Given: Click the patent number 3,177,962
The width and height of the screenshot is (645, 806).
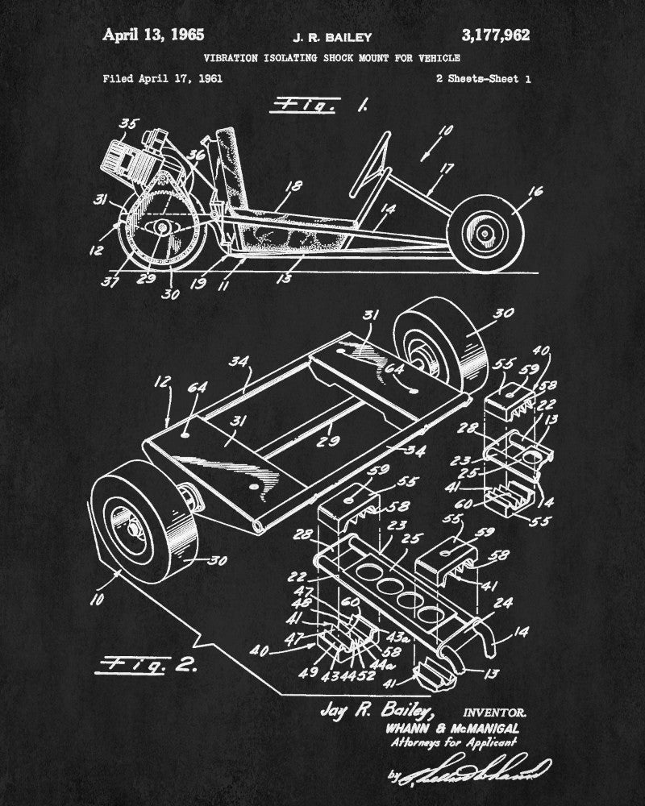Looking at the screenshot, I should (x=495, y=35).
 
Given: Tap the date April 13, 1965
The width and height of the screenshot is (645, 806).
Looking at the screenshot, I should (x=152, y=35).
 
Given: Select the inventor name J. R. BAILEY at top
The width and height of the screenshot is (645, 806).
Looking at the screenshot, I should (x=322, y=36).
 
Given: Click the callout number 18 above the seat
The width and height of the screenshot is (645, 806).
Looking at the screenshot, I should (x=294, y=186).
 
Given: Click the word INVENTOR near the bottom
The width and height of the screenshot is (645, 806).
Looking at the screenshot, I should (x=496, y=712).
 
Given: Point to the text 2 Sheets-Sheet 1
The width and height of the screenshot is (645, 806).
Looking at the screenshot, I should (x=483, y=79).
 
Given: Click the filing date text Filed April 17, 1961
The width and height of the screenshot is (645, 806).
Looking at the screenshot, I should (x=163, y=79).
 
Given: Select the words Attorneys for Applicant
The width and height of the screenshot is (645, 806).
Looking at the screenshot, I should (x=452, y=743).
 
